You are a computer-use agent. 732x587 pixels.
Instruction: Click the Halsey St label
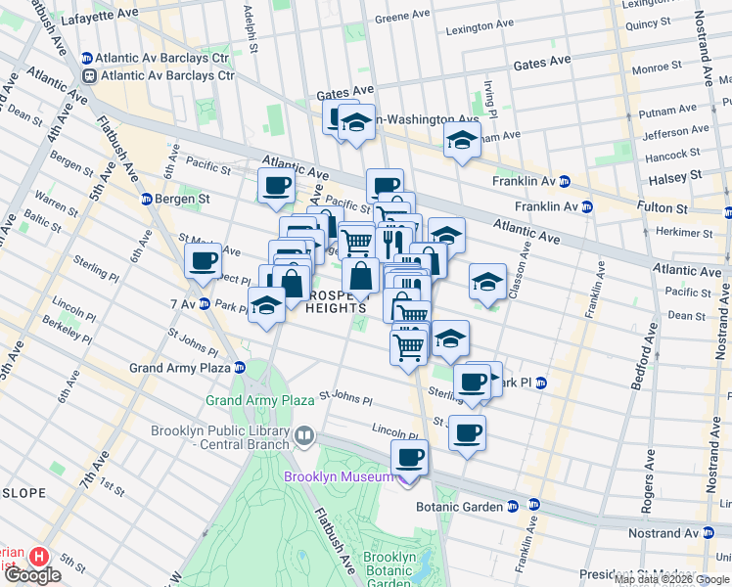coord(675,176)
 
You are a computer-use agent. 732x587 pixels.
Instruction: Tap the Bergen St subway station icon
coord(146,199)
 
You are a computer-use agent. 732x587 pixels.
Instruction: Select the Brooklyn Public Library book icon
coord(304,434)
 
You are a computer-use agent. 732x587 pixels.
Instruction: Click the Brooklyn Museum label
coord(339,476)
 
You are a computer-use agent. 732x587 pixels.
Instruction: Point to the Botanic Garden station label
coord(459,506)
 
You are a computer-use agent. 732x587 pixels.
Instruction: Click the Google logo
coord(31,575)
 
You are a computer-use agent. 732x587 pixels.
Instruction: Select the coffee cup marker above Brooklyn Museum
coord(409,457)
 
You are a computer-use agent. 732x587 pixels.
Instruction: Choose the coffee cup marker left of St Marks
coord(203,261)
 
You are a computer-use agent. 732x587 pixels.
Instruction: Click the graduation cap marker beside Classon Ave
coord(487,282)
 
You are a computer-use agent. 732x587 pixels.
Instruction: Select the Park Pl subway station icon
coord(540,382)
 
